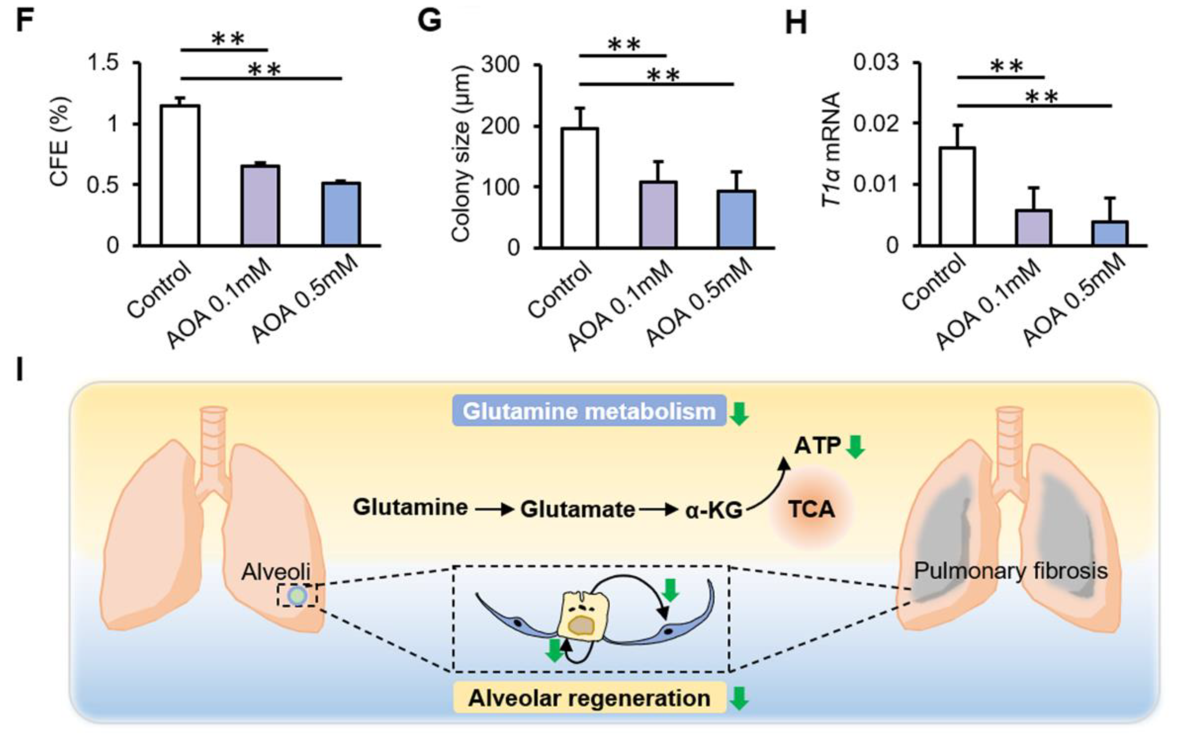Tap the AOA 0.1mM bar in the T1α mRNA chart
[1033, 227]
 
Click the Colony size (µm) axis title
[461, 155]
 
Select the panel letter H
[796, 22]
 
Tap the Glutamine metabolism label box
[589, 411]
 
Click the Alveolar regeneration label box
[589, 698]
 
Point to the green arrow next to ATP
[855, 447]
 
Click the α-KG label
[714, 511]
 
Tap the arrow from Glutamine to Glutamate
[494, 510]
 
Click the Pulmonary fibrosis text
[1011, 571]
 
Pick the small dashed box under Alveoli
[297, 595]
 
